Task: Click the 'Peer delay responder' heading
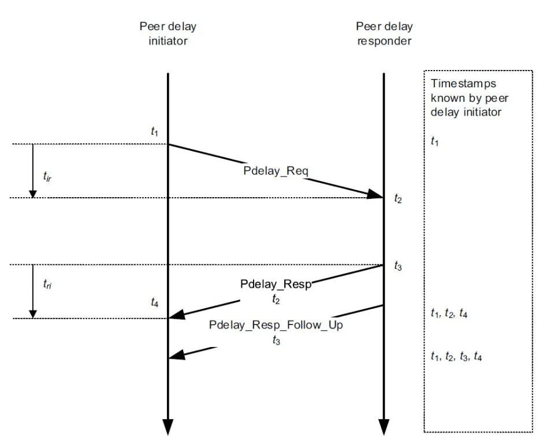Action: click(384, 34)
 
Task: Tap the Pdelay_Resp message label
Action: click(276, 285)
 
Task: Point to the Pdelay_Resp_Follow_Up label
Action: click(276, 325)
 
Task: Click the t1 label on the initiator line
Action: click(154, 132)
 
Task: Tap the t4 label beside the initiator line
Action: click(154, 302)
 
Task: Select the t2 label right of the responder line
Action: click(397, 199)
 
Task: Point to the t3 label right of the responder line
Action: click(397, 266)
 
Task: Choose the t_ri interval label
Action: click(48, 284)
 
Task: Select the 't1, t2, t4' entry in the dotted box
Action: click(449, 314)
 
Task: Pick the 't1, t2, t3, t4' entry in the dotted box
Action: click(456, 357)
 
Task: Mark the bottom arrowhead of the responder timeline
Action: click(384, 427)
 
